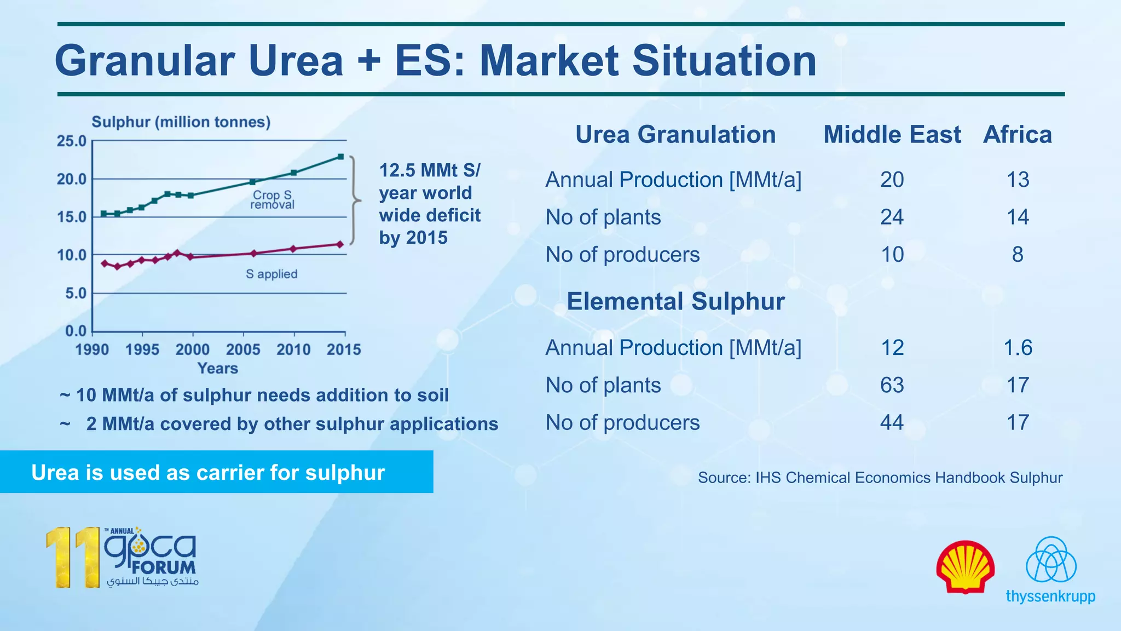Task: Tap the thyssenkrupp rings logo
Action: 1051,560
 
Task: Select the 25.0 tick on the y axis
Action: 72,141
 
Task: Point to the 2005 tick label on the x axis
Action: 243,349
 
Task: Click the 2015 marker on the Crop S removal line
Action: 340,157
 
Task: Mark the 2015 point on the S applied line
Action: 340,244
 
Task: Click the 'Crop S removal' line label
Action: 272,200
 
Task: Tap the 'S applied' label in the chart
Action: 271,274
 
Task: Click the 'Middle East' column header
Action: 892,135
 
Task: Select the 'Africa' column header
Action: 1018,135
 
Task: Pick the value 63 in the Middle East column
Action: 892,385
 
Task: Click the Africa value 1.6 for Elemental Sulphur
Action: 1018,348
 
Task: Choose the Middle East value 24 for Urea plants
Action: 892,217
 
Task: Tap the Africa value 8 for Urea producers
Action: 1018,255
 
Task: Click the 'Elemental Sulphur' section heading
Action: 675,301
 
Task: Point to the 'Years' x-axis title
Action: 218,368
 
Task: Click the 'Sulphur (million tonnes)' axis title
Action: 181,122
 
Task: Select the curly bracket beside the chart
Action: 355,200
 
